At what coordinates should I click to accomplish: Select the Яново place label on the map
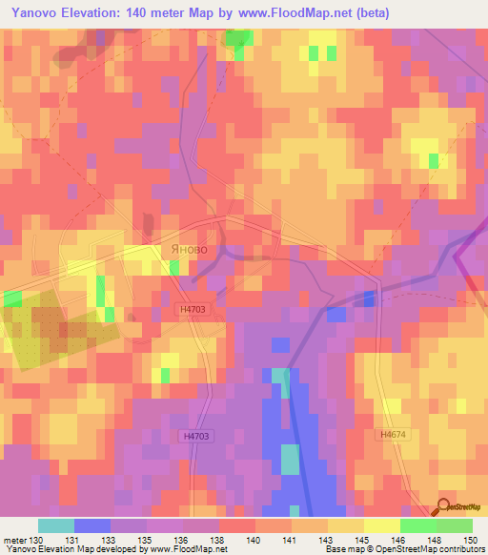click(x=194, y=250)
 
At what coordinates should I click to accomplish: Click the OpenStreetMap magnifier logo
click(x=444, y=506)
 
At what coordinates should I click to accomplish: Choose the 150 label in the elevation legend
click(x=468, y=539)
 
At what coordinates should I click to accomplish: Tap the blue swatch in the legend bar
click(x=91, y=525)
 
